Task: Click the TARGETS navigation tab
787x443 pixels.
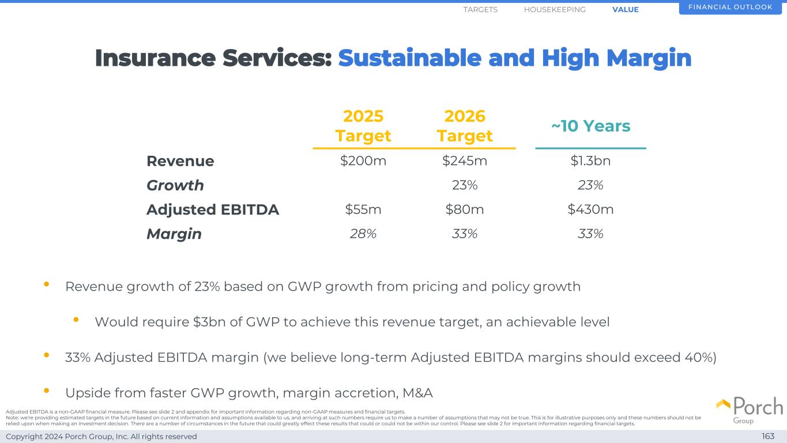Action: coord(480,10)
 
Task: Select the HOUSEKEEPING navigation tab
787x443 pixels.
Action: coord(555,10)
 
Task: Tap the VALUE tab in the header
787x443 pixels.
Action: coord(626,10)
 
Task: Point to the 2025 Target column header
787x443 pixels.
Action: coord(363,126)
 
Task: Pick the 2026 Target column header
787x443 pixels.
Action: coord(465,126)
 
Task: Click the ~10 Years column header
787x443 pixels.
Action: coord(590,126)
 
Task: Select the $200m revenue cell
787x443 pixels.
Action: coord(363,161)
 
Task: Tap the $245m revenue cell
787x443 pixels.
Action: coord(465,161)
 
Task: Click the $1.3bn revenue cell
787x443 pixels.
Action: coord(590,161)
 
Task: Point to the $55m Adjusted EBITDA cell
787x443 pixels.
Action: coord(363,209)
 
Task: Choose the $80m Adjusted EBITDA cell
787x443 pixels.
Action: coord(465,209)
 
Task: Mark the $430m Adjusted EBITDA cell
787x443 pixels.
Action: coord(590,209)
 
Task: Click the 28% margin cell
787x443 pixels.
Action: coord(363,234)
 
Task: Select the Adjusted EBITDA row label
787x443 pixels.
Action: coord(213,210)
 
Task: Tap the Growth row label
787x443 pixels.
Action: coord(175,185)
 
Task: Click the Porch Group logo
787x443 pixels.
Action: coord(750,410)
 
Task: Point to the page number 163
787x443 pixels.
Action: coord(768,437)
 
